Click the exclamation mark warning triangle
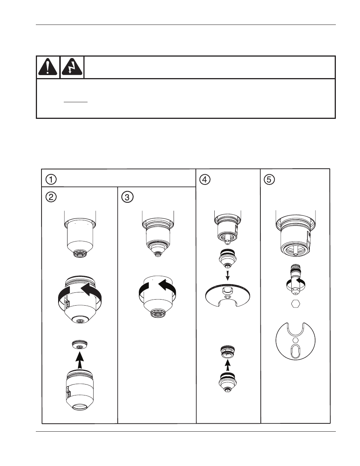tap(48, 66)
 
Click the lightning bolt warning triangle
tap(72, 66)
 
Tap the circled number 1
tap(51, 179)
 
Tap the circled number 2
tap(51, 197)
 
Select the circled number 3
tap(128, 197)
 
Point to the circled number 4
tap(205, 179)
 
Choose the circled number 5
tap(269, 179)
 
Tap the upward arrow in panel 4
tap(228, 365)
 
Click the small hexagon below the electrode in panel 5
tap(296, 304)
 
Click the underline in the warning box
tap(76, 102)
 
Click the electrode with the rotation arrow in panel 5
tap(296, 281)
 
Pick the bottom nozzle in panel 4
tap(227, 382)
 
